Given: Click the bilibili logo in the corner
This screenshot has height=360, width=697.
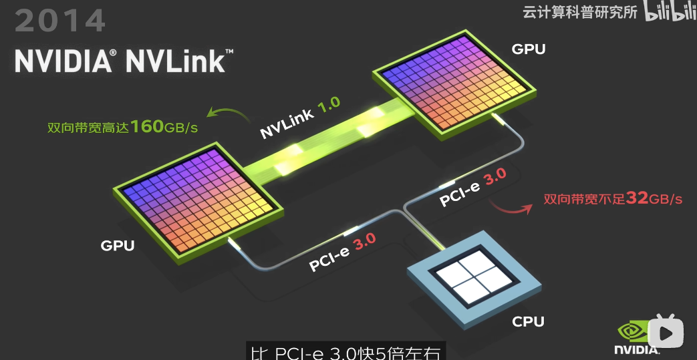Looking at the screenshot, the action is coord(670,12).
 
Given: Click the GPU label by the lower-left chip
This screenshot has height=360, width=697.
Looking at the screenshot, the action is coord(118,245).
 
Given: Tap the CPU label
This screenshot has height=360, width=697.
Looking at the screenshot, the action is coord(528,321).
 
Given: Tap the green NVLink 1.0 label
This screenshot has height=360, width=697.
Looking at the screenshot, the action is coord(300,118).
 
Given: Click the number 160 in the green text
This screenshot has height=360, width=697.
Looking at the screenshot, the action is coord(147,126).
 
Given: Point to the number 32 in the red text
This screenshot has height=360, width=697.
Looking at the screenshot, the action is coord(638,198).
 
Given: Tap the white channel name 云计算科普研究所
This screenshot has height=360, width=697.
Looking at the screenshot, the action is coord(579,12).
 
